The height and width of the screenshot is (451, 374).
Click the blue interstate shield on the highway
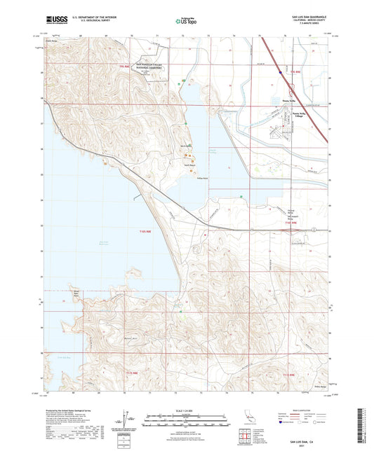coord(281,71)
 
